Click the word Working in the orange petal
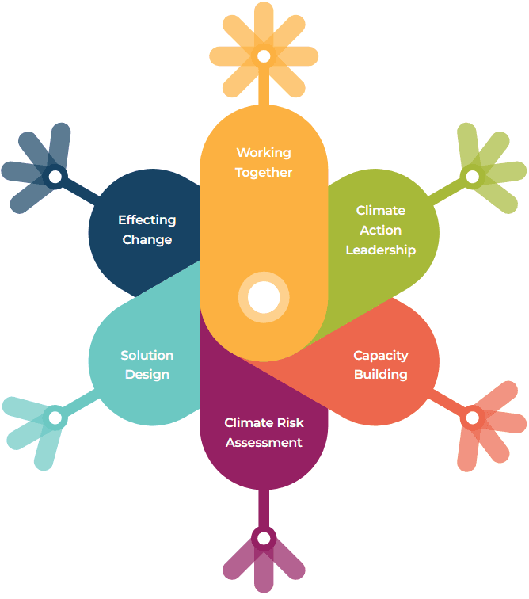264,152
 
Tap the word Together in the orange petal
264,172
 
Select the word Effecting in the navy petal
147,219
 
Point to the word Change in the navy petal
147,239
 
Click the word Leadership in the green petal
381,250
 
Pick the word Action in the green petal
381,230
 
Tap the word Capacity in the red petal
381,355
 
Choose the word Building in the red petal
381,374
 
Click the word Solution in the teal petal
147,355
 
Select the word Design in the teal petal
147,374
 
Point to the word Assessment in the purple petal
264,442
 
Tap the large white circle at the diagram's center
264,298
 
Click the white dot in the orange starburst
264,56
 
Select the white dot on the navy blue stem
55,177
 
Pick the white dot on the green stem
472,176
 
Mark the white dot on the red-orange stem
472,417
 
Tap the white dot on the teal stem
55,417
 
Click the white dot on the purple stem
264,539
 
